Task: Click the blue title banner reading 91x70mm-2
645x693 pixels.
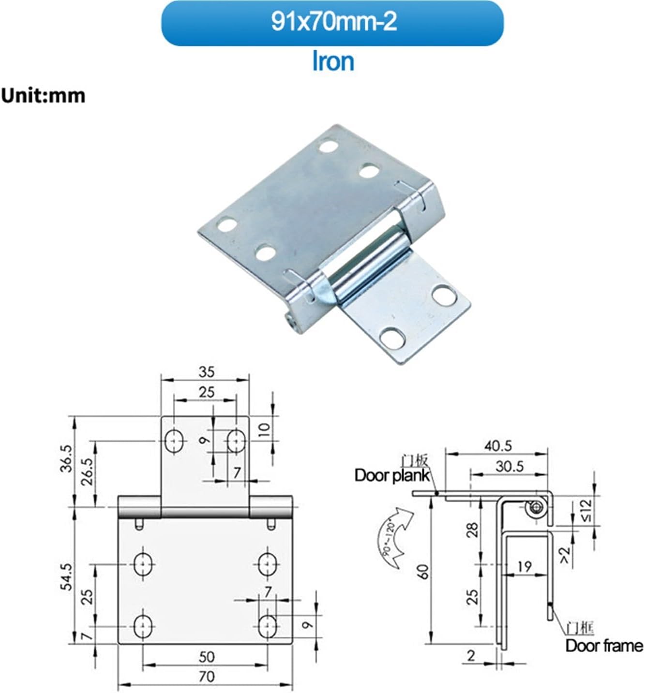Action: (332, 23)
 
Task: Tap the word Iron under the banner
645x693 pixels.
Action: (333, 62)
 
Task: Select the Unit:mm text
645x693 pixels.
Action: (43, 96)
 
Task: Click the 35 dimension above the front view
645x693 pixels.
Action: (206, 372)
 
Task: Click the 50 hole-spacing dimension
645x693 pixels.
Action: (207, 657)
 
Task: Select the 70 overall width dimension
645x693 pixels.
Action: (207, 676)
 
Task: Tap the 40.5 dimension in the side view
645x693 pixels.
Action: (498, 446)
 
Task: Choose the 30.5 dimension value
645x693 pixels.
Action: (509, 466)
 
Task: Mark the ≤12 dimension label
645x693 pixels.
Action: (585, 511)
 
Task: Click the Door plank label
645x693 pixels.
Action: (392, 475)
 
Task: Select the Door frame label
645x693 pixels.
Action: (604, 646)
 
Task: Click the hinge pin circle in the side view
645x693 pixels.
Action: (536, 508)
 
